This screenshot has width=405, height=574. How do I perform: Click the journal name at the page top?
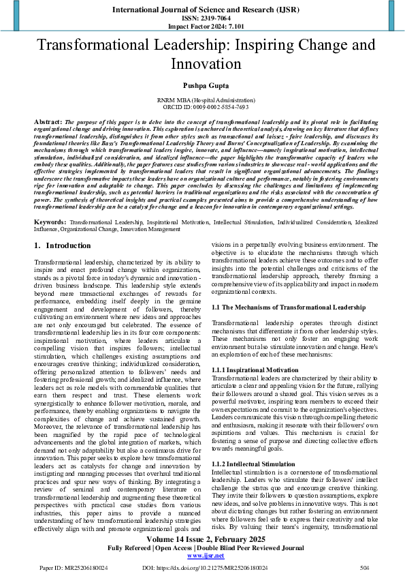click(x=202, y=10)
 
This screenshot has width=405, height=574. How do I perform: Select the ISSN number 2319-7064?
click(x=202, y=19)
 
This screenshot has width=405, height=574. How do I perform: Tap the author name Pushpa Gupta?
click(x=202, y=88)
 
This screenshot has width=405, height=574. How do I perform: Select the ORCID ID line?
click(x=202, y=108)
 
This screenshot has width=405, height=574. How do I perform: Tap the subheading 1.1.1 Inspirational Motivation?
click(x=255, y=369)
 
